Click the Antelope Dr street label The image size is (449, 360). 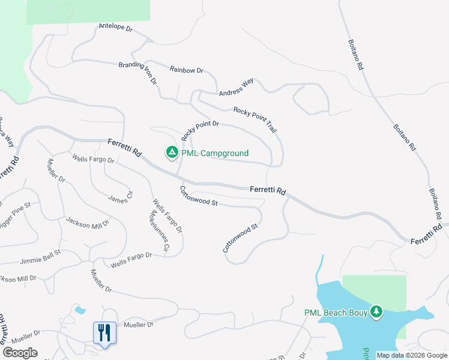115,28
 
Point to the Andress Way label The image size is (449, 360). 236,88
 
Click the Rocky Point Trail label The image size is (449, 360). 256,119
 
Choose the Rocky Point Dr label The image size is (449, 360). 200,128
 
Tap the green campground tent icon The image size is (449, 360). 172,154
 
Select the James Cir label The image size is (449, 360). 120,196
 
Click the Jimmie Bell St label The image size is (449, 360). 40,259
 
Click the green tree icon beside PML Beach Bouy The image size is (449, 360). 376,312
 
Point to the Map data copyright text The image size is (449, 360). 412,355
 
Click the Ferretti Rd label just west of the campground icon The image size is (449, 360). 125,148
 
